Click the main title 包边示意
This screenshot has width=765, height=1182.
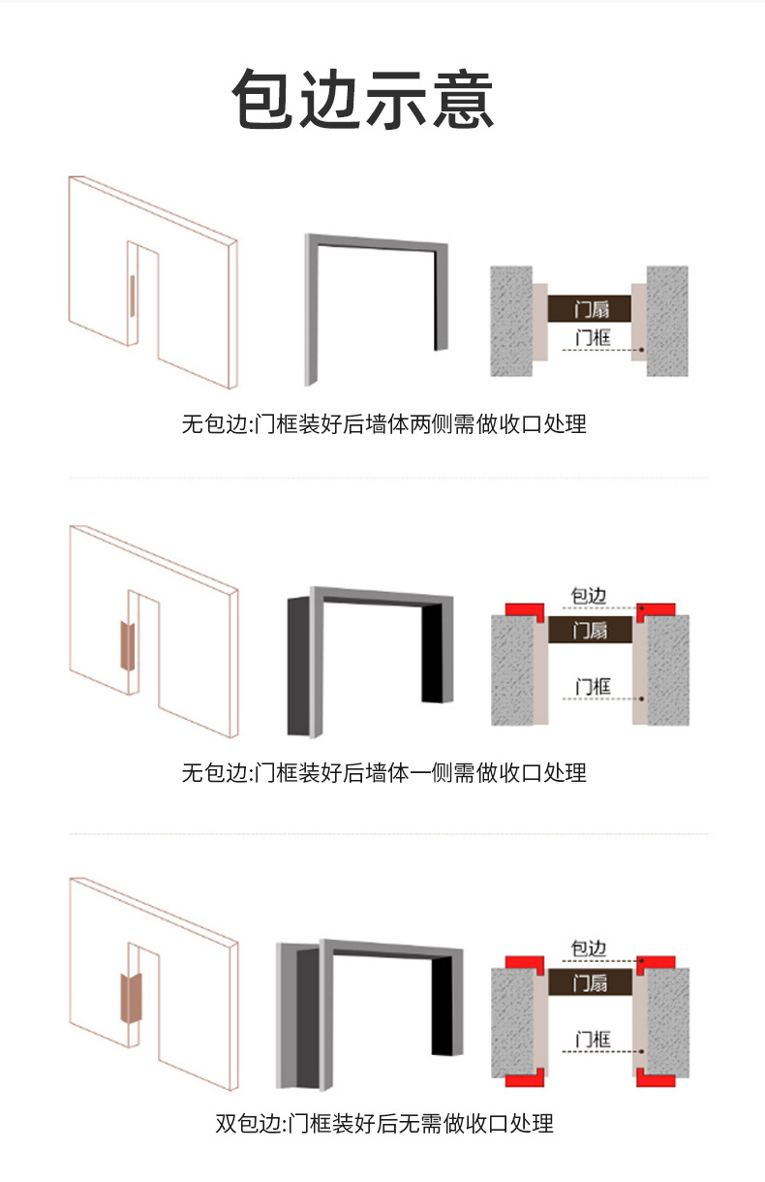(x=363, y=99)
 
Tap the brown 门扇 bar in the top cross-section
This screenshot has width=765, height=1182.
(x=590, y=309)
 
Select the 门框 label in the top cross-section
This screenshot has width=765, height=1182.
(x=593, y=337)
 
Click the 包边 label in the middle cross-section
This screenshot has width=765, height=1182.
(x=589, y=596)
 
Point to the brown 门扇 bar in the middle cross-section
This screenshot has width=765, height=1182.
(x=590, y=630)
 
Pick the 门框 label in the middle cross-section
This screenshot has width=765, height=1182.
(x=593, y=687)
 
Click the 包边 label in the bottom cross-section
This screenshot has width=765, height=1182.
(x=589, y=949)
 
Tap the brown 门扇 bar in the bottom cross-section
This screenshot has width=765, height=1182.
(x=590, y=982)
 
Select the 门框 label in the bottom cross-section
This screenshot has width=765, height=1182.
(x=593, y=1039)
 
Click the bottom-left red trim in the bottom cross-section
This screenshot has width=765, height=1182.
(x=525, y=1079)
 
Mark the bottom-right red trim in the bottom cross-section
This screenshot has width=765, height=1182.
(x=656, y=1079)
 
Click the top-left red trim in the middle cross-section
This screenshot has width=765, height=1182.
(x=525, y=610)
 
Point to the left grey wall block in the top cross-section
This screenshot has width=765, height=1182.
(x=511, y=321)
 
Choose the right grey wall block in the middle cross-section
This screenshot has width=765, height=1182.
(x=668, y=670)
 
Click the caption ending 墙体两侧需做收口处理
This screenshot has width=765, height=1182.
(x=384, y=424)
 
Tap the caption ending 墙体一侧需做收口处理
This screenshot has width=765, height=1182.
(x=384, y=773)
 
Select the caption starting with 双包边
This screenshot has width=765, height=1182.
(x=384, y=1123)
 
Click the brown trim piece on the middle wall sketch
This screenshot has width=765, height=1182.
(x=127, y=645)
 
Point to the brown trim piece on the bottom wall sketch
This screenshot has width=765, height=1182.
(x=131, y=998)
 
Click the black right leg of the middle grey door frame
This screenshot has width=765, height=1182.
(x=432, y=653)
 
